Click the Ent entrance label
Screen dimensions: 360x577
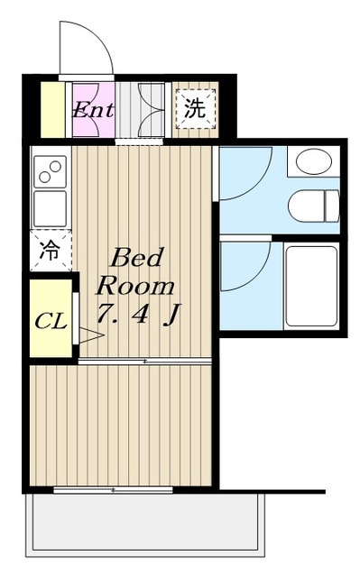coord(93,110)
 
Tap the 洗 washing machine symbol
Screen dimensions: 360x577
coord(195,109)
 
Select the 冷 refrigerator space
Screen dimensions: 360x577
coord(50,251)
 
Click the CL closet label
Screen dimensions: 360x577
coord(51,322)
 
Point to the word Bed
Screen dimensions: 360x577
coord(136,258)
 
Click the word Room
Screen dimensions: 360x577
coord(135,286)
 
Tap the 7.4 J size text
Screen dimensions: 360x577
coord(138,315)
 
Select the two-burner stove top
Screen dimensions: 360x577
coord(50,171)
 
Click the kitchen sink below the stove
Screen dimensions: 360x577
coord(50,208)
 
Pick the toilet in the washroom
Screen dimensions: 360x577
coord(313,206)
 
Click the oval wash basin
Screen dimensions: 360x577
coord(314,161)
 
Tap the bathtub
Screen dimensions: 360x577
coord(312,286)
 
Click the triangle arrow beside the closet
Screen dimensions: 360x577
coord(91,334)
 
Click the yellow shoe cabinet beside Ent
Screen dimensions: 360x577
coord(52,110)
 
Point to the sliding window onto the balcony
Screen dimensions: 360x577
coord(113,490)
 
